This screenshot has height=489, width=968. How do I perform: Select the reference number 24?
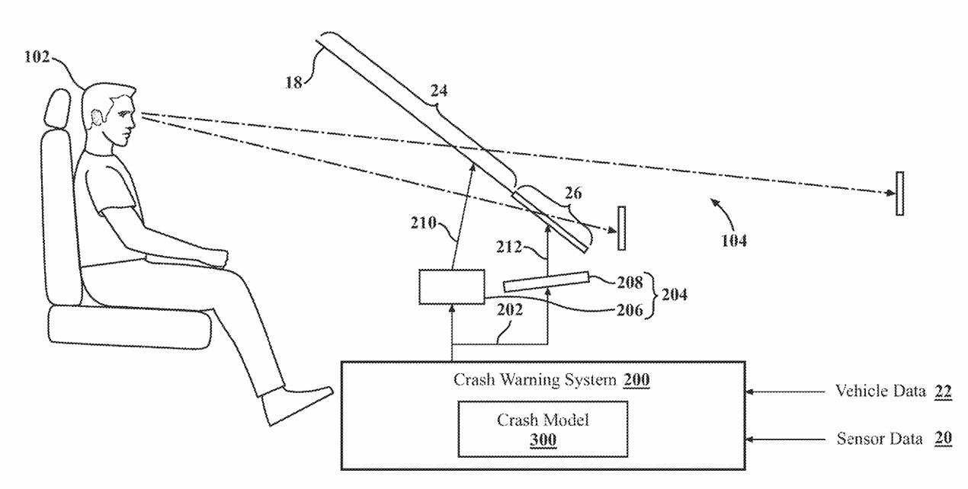(438, 91)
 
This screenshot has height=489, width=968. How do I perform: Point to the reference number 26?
(572, 194)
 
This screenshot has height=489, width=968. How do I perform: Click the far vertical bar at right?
(899, 193)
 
